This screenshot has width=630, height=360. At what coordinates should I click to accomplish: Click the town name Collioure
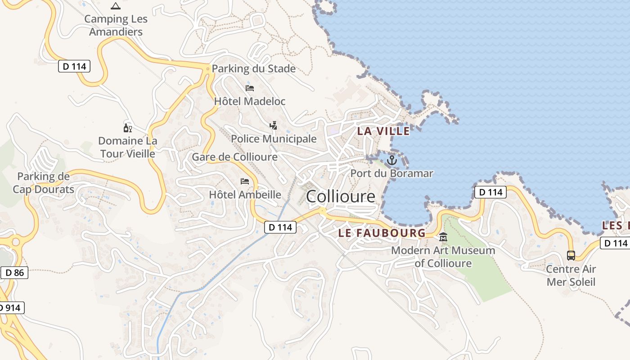[341, 197]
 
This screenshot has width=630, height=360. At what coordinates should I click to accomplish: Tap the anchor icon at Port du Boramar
[392, 160]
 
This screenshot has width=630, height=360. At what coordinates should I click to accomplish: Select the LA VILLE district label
[383, 131]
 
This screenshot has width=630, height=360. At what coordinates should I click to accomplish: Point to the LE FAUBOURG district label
[382, 233]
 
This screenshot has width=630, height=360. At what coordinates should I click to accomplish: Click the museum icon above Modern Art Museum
[443, 237]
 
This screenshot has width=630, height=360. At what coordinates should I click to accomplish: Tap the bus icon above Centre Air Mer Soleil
[571, 255]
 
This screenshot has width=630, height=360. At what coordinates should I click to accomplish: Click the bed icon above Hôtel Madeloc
[250, 88]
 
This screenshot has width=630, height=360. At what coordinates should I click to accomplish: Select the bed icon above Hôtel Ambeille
[245, 181]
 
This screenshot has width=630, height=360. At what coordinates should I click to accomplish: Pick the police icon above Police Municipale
[273, 125]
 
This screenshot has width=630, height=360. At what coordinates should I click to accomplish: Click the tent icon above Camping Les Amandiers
[116, 6]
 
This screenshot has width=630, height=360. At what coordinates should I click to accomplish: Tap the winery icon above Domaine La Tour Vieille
[127, 128]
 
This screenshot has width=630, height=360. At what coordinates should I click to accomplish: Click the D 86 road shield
[15, 272]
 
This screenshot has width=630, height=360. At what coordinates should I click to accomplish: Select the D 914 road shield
[10, 308]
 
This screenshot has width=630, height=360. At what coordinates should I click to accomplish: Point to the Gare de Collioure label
[235, 157]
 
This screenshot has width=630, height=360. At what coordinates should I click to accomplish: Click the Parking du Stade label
[254, 69]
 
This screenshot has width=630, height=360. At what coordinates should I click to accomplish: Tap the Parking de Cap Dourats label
[44, 183]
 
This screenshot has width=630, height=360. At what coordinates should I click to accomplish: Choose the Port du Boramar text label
[392, 173]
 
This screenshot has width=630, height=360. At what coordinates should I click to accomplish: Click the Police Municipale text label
[274, 139]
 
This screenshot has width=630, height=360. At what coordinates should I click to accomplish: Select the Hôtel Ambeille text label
[245, 195]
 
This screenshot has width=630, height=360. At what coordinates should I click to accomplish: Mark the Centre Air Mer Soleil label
[571, 275]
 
